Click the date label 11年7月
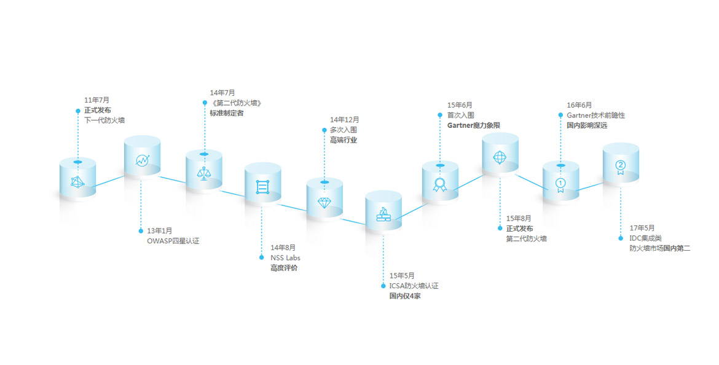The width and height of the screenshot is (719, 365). [x=96, y=100]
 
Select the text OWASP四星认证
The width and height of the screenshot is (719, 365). [x=173, y=241]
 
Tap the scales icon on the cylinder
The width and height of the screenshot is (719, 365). [x=203, y=173]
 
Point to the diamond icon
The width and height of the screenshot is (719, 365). [x=324, y=202]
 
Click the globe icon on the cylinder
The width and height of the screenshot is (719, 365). [x=500, y=157]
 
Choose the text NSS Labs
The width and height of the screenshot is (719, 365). [x=285, y=257]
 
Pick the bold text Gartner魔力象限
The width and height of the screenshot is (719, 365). [x=473, y=125]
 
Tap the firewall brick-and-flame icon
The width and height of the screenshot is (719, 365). [x=383, y=215]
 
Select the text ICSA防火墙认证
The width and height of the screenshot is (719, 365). [x=413, y=286]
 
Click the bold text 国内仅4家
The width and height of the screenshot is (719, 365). [x=404, y=296]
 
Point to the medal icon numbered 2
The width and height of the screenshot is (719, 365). [x=620, y=166]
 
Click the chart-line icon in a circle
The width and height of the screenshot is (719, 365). [x=142, y=160]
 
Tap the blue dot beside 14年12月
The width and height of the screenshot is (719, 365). [x=324, y=130]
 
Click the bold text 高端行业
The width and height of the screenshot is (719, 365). [x=343, y=140]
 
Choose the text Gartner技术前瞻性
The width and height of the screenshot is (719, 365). [x=595, y=115]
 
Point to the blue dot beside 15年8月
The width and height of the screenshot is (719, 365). [x=500, y=228]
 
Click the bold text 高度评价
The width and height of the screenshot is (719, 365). [x=284, y=268]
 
